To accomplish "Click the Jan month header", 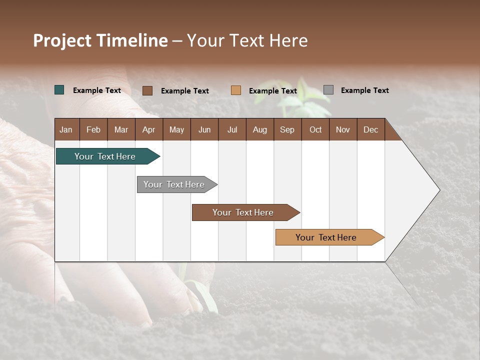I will (x=66, y=129).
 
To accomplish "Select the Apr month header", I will (x=148, y=129).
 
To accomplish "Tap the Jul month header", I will (x=232, y=129).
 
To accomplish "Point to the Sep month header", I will (x=287, y=129).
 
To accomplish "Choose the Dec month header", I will (x=370, y=129).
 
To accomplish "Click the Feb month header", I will (x=93, y=129).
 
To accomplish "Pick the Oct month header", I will (x=315, y=129).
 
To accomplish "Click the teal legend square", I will (x=59, y=90).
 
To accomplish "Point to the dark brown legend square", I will (x=147, y=90).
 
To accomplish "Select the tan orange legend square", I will (x=236, y=90).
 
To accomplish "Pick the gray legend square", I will (x=328, y=90).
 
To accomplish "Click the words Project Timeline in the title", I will (x=100, y=40).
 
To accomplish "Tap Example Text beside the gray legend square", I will (x=364, y=90).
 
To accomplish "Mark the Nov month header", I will (x=343, y=129).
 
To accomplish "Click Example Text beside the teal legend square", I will (x=97, y=90).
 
